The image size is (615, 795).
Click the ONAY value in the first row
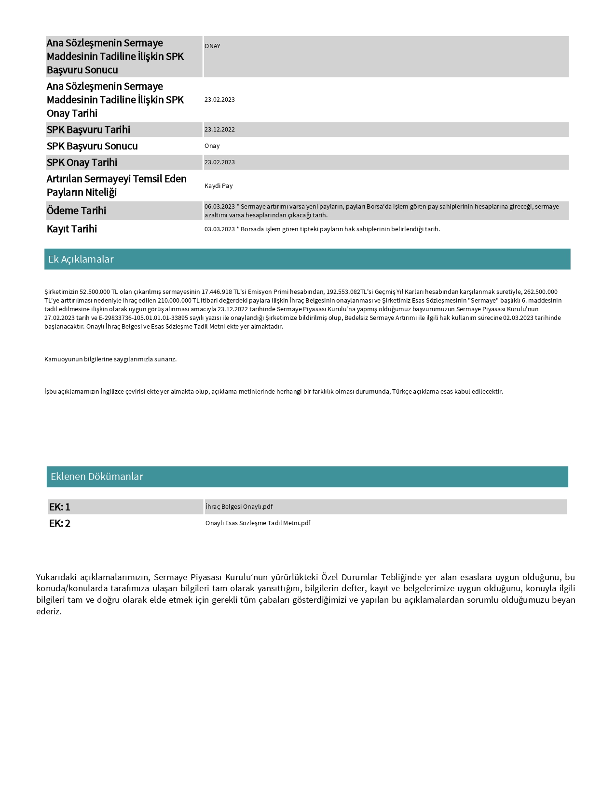[212, 46]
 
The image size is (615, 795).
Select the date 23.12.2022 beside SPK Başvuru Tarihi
[219, 130]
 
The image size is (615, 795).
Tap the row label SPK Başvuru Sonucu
[92, 146]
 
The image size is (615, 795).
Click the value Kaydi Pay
[219, 186]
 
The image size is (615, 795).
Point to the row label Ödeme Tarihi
[76, 211]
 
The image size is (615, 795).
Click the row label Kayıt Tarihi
[72, 229]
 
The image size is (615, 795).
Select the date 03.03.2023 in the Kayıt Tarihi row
[219, 229]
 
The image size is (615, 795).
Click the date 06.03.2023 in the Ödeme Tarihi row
[219, 207]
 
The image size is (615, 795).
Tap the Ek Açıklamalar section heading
[81, 259]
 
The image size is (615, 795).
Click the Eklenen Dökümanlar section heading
[97, 477]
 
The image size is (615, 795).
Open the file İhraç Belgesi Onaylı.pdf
[239, 507]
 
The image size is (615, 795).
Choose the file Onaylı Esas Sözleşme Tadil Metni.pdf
[258, 523]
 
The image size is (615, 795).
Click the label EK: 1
[60, 507]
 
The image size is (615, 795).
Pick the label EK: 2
[60, 523]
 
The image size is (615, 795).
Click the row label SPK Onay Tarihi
[82, 162]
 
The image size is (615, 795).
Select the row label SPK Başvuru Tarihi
[88, 130]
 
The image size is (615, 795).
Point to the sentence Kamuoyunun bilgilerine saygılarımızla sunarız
[110, 359]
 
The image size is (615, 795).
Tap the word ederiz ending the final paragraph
[48, 611]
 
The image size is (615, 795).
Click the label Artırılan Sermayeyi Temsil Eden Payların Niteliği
[116, 185]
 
